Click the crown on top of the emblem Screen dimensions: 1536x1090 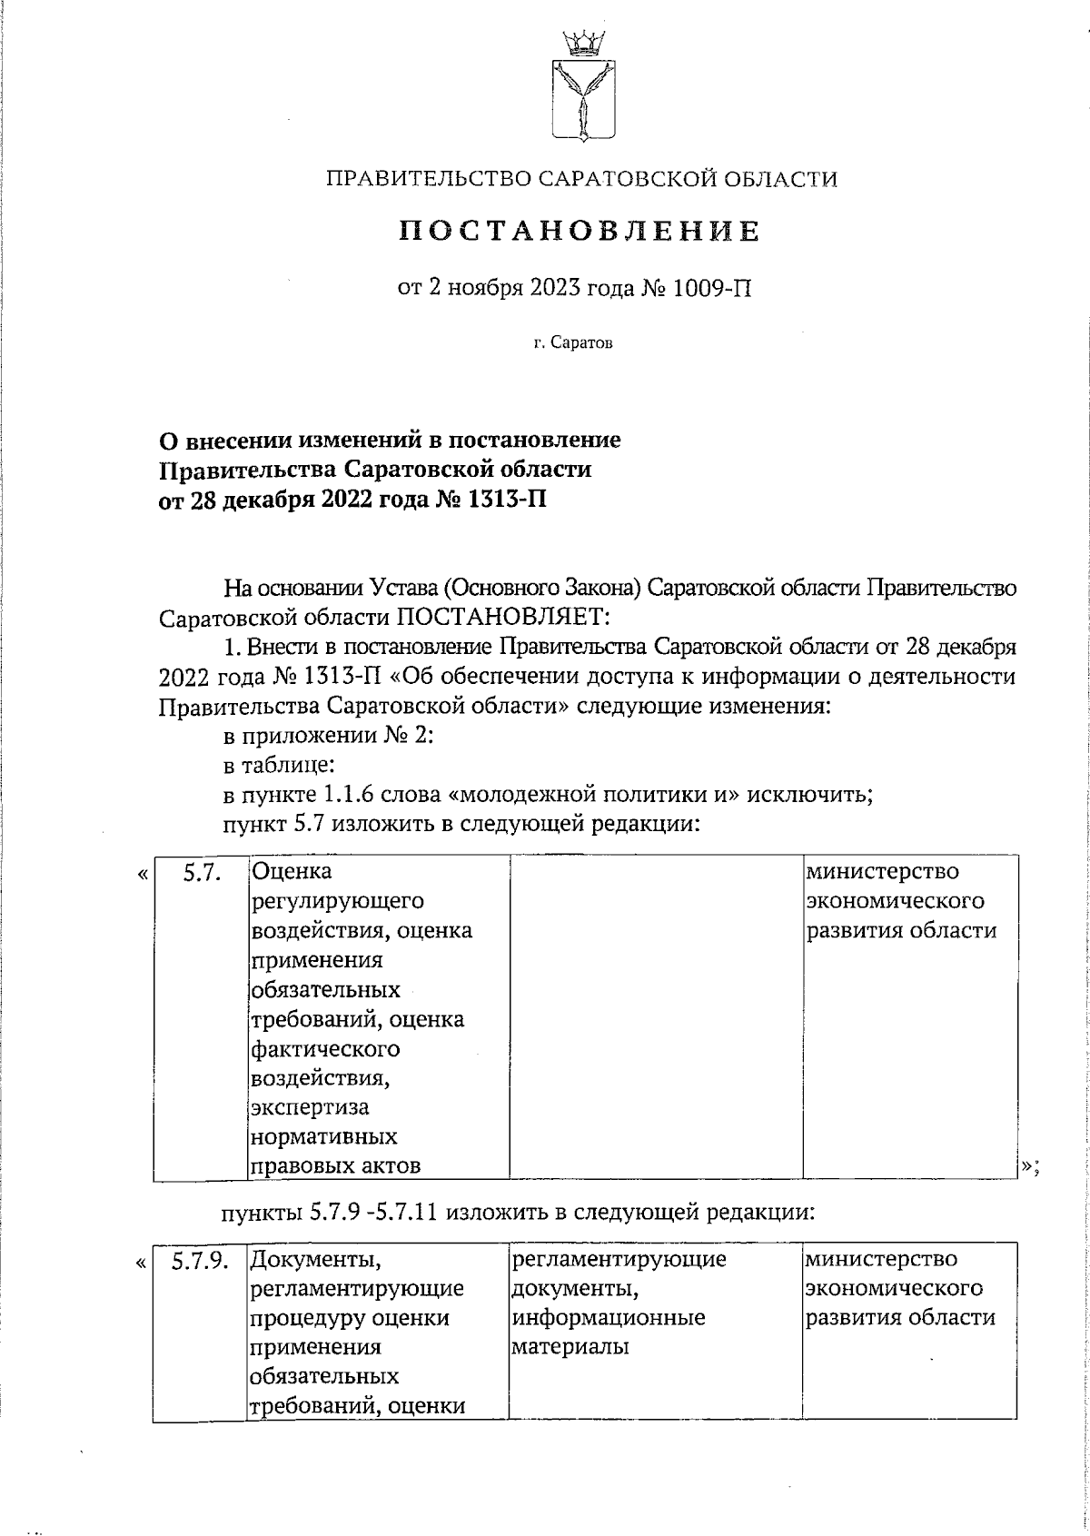point(581,41)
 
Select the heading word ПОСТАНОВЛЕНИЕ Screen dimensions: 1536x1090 point(581,232)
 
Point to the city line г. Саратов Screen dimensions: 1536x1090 point(574,343)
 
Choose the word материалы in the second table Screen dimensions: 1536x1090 point(570,1347)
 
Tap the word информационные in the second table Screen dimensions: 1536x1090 point(609,1318)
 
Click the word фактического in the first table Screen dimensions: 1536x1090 point(324,1049)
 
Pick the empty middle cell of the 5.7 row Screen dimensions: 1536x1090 point(655,1017)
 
